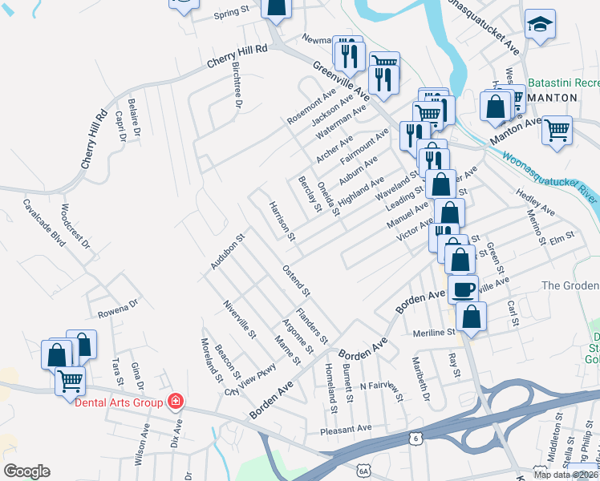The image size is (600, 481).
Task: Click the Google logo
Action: click(x=26, y=471)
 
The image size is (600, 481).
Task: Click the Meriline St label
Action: click(x=434, y=332)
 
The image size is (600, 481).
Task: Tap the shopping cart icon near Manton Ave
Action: click(x=557, y=129)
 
